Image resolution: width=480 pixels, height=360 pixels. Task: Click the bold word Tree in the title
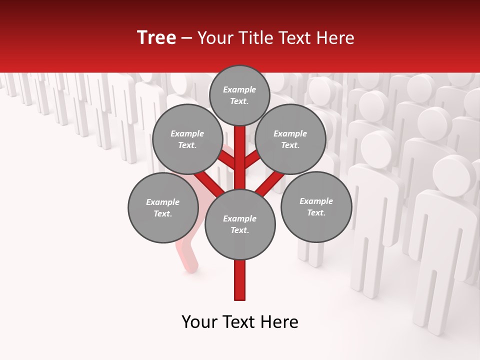156,37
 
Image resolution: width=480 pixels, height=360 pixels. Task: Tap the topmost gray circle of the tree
239,95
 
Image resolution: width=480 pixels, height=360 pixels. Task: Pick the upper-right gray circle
290,139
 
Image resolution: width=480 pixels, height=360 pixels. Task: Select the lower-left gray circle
163,207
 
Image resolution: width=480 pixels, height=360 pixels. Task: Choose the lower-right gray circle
316,206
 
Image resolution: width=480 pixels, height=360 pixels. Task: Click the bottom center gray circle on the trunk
240,224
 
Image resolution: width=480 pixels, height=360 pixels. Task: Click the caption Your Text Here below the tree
240,322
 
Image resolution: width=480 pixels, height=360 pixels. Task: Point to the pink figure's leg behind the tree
187,255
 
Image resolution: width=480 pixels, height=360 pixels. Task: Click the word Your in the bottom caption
199,322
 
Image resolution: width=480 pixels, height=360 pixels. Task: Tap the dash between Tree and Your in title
186,38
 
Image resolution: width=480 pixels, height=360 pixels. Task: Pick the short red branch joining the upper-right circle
251,160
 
